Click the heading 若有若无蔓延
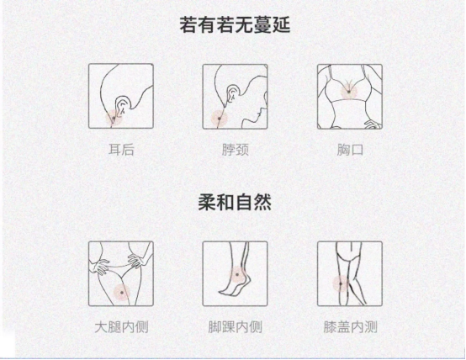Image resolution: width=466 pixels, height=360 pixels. [x=235, y=25]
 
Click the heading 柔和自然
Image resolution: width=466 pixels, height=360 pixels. [x=235, y=203]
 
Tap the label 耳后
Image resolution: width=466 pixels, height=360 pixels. [x=121, y=150]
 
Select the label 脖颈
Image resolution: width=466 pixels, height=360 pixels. [x=235, y=150]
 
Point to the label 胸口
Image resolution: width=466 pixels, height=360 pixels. [x=350, y=150]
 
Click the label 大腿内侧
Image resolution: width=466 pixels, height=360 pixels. [x=121, y=327]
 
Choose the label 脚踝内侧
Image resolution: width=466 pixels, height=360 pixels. [x=235, y=327]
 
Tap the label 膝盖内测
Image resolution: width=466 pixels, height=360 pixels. [x=350, y=327]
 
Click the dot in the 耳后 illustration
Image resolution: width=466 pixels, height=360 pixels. [x=114, y=119]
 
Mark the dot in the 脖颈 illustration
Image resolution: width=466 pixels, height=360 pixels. [x=220, y=119]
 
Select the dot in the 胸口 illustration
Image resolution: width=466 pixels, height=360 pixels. [x=348, y=92]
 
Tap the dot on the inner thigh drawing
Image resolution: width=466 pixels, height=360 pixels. [x=122, y=293]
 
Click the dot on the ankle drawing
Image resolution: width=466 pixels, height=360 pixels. [x=237, y=274]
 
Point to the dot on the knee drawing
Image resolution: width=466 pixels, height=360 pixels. [x=341, y=283]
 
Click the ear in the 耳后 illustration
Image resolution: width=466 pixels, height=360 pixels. [x=123, y=106]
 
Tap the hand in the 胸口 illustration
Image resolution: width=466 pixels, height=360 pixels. [x=373, y=124]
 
